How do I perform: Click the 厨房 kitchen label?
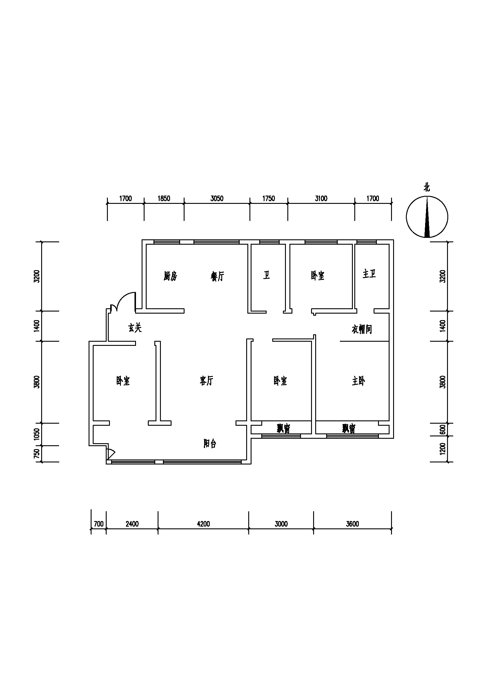(x=170, y=276)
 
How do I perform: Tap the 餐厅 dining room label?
(x=217, y=276)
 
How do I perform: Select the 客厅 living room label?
(x=207, y=381)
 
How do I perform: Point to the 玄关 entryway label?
(x=135, y=328)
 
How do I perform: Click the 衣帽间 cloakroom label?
(x=362, y=329)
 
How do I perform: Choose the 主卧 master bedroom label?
(x=358, y=381)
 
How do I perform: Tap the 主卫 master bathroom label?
(x=369, y=274)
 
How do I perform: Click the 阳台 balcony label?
(x=210, y=443)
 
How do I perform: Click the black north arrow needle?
(x=427, y=217)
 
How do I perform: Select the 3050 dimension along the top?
(x=217, y=198)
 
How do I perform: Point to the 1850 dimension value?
(x=164, y=198)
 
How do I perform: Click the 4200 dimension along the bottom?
(x=204, y=524)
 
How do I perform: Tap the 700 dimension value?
(x=99, y=524)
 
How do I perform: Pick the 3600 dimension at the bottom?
(x=353, y=524)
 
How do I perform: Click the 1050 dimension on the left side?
(x=37, y=434)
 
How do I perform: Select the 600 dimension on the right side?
(x=443, y=430)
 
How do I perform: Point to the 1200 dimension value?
(x=443, y=449)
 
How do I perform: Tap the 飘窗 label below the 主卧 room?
(x=349, y=428)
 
